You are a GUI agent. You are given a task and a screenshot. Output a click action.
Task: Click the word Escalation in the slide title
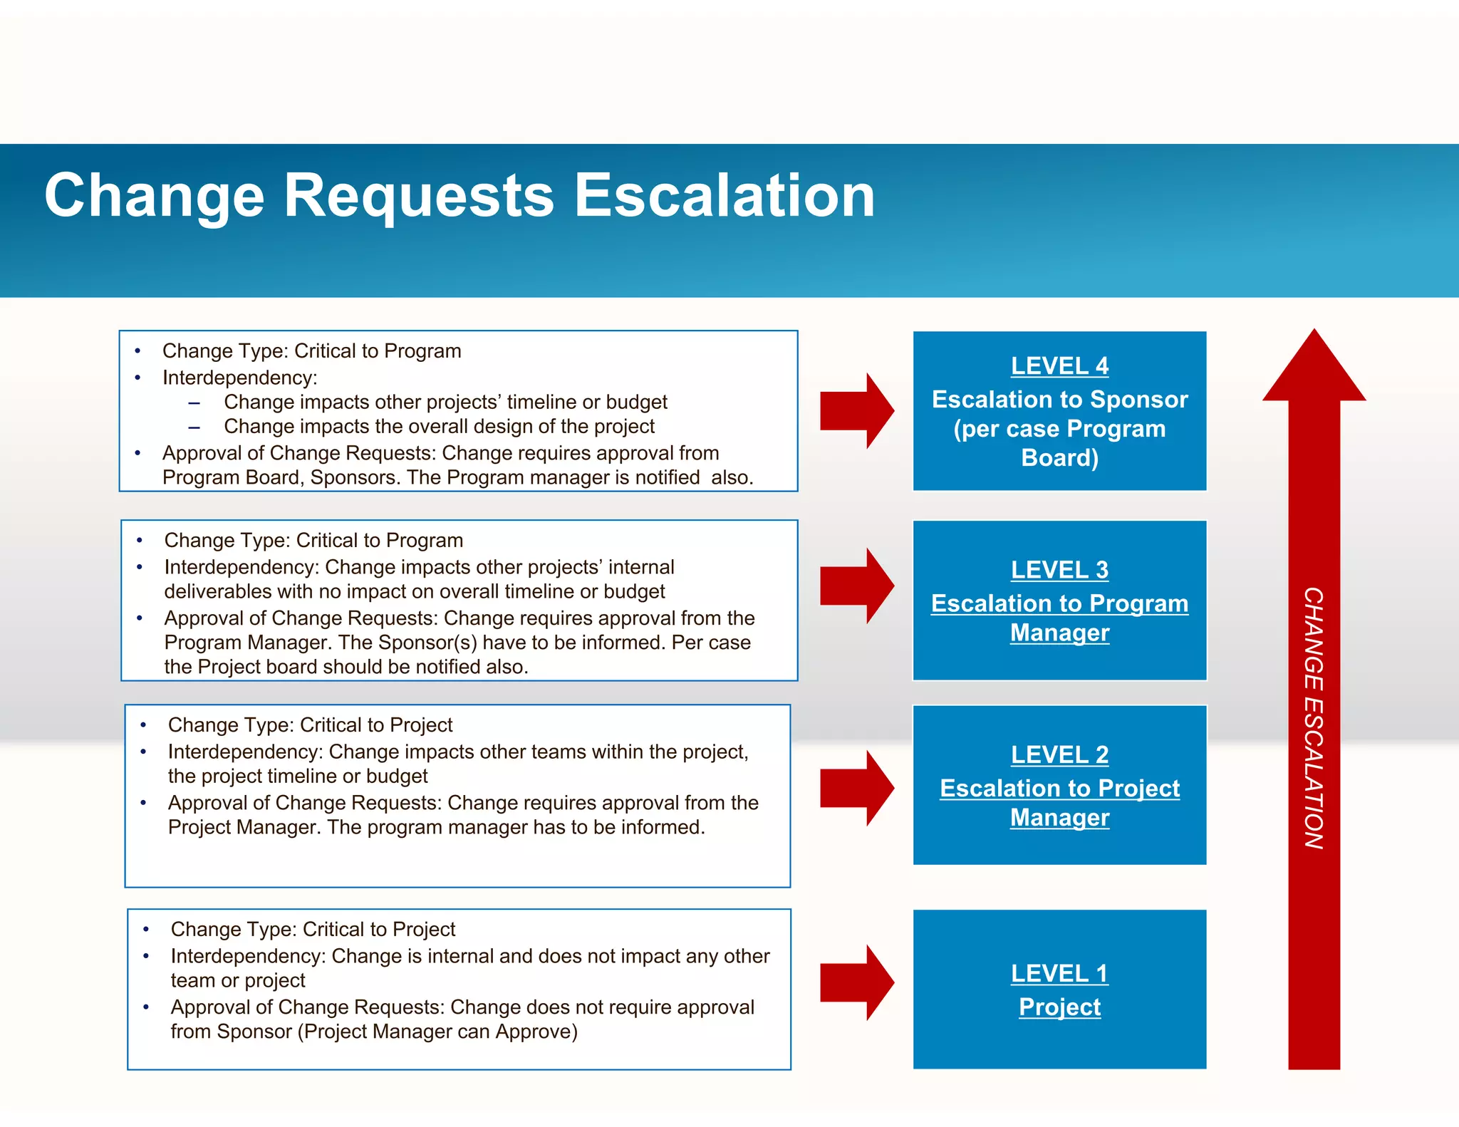[x=724, y=196]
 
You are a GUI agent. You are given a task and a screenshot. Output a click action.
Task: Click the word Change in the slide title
[x=154, y=196]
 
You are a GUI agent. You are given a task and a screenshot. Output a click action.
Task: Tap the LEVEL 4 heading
[x=1059, y=366]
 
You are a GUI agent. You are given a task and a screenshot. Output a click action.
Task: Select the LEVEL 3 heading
[x=1059, y=570]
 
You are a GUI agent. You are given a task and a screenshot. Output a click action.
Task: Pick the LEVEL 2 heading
[x=1059, y=754]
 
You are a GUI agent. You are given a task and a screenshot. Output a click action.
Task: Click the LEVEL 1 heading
[x=1059, y=973]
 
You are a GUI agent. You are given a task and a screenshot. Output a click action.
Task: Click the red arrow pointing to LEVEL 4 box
[x=856, y=411]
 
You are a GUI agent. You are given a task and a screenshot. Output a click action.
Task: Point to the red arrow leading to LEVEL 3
[x=856, y=586]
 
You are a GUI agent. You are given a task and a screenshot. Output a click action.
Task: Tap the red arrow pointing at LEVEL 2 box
[x=856, y=788]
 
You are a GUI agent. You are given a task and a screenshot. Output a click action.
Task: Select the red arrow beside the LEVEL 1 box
[x=856, y=983]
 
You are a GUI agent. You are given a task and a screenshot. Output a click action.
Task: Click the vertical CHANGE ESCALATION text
[x=1314, y=718]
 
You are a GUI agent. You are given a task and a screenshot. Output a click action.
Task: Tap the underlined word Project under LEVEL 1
[x=1059, y=1007]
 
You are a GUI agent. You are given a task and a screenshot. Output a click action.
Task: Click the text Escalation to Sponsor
[x=1059, y=400]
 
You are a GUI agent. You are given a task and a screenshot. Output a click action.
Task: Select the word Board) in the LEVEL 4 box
[x=1059, y=458]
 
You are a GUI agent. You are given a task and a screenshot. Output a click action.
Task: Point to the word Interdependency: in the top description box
[x=239, y=378]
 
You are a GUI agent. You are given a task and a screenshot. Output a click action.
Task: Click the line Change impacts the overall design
[x=439, y=427]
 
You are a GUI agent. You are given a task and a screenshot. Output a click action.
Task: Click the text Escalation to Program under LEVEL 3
[x=1059, y=603]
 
